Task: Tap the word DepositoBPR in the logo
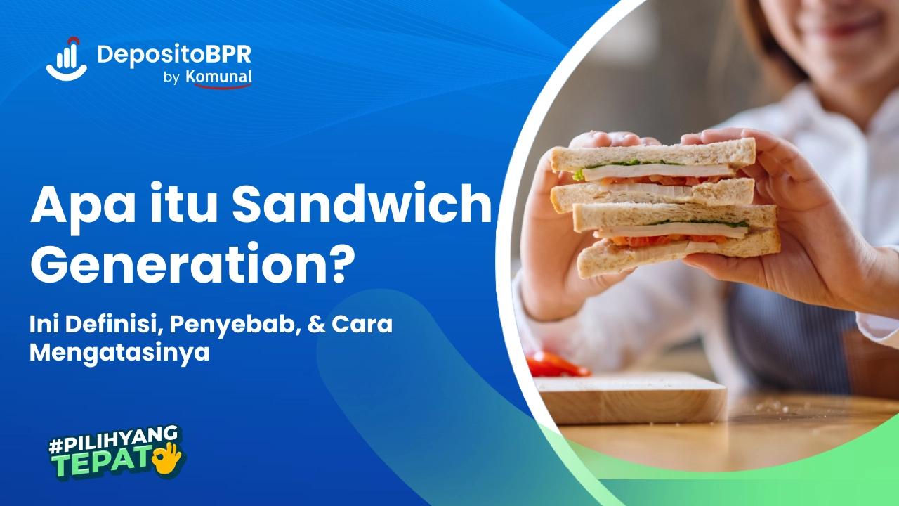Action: (x=174, y=53)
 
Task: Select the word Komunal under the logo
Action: (x=219, y=78)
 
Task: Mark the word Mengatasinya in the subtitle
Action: (x=119, y=353)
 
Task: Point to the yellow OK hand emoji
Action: (x=168, y=457)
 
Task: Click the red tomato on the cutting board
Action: (x=555, y=365)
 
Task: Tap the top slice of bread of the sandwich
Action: (x=653, y=155)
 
